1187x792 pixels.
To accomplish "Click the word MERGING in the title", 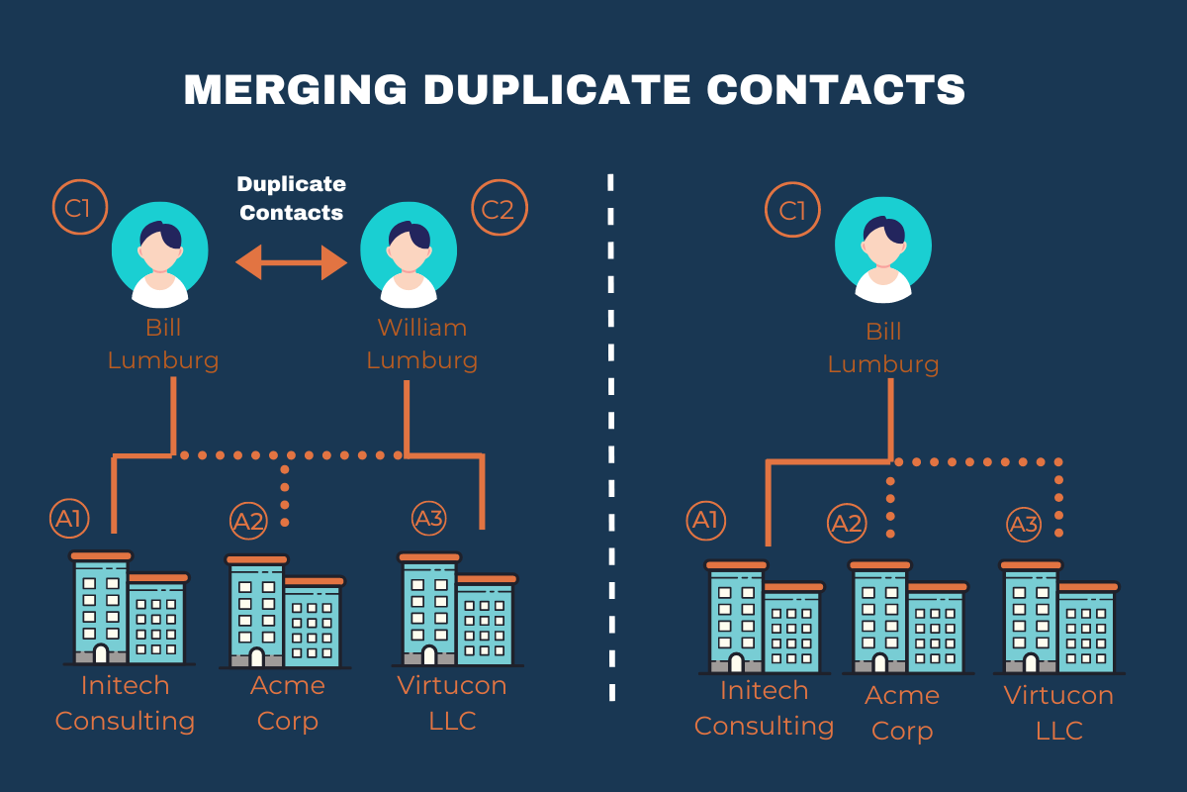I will click(x=295, y=89).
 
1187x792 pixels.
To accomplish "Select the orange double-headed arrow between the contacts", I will click(x=292, y=263).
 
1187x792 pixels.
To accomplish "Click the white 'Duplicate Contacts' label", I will click(x=292, y=198).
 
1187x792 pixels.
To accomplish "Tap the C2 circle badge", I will click(x=500, y=208).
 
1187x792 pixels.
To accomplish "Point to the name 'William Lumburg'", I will click(x=422, y=344).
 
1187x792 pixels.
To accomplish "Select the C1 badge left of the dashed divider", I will click(x=79, y=208).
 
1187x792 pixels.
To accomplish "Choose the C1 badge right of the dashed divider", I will click(x=793, y=211).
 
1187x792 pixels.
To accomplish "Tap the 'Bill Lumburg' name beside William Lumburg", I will click(x=163, y=343).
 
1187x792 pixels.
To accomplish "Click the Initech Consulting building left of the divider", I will click(x=129, y=609).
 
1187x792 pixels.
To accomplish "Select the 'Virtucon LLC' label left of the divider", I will click(x=452, y=703).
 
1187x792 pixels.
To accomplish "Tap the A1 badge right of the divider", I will click(x=706, y=521).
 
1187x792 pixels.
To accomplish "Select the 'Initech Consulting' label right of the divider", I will click(x=764, y=708).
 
